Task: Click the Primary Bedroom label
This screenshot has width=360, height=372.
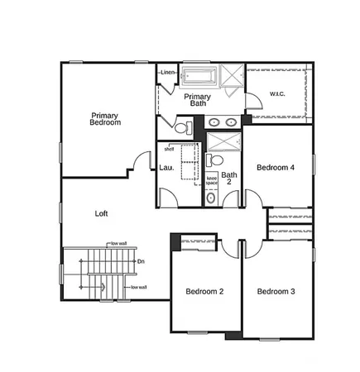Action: pyautogui.click(x=105, y=119)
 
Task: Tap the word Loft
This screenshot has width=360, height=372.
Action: pyautogui.click(x=101, y=213)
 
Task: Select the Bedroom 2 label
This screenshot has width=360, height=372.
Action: pyautogui.click(x=204, y=291)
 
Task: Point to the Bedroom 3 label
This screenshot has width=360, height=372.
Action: pyautogui.click(x=276, y=291)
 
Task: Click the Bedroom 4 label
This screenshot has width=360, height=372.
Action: pyautogui.click(x=276, y=167)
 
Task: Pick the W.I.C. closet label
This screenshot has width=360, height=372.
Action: pyautogui.click(x=277, y=94)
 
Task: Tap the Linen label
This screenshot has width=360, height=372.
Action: pyautogui.click(x=169, y=73)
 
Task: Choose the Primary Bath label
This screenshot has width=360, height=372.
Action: pyautogui.click(x=197, y=100)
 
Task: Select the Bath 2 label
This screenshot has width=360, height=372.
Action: pyautogui.click(x=229, y=178)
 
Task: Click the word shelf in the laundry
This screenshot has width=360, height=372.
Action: pyautogui.click(x=169, y=150)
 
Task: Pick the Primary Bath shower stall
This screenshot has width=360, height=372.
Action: pyautogui.click(x=231, y=77)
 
